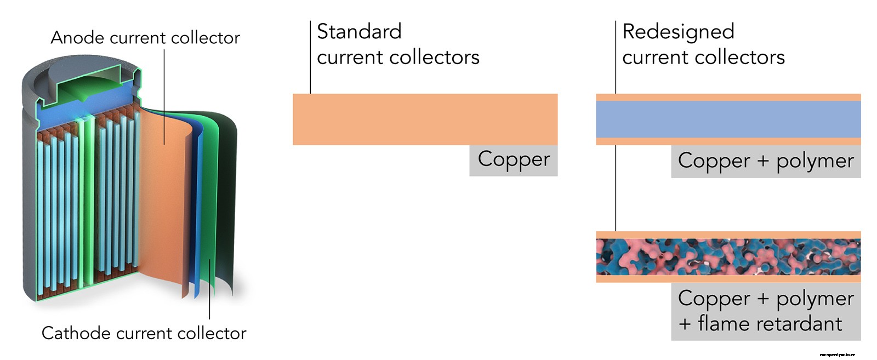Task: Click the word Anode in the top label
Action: [x=77, y=38]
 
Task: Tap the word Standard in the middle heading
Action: [x=359, y=32]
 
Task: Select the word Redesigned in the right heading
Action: [x=678, y=32]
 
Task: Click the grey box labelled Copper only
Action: [x=513, y=160]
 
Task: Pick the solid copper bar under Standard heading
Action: [x=425, y=119]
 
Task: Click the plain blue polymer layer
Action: [x=728, y=119]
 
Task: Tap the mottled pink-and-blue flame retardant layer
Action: [x=728, y=256]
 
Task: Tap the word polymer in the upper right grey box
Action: [x=815, y=161]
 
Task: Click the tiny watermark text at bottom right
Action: [x=837, y=355]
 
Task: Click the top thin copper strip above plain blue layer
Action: [x=728, y=97]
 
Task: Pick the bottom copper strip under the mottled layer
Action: [x=728, y=279]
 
